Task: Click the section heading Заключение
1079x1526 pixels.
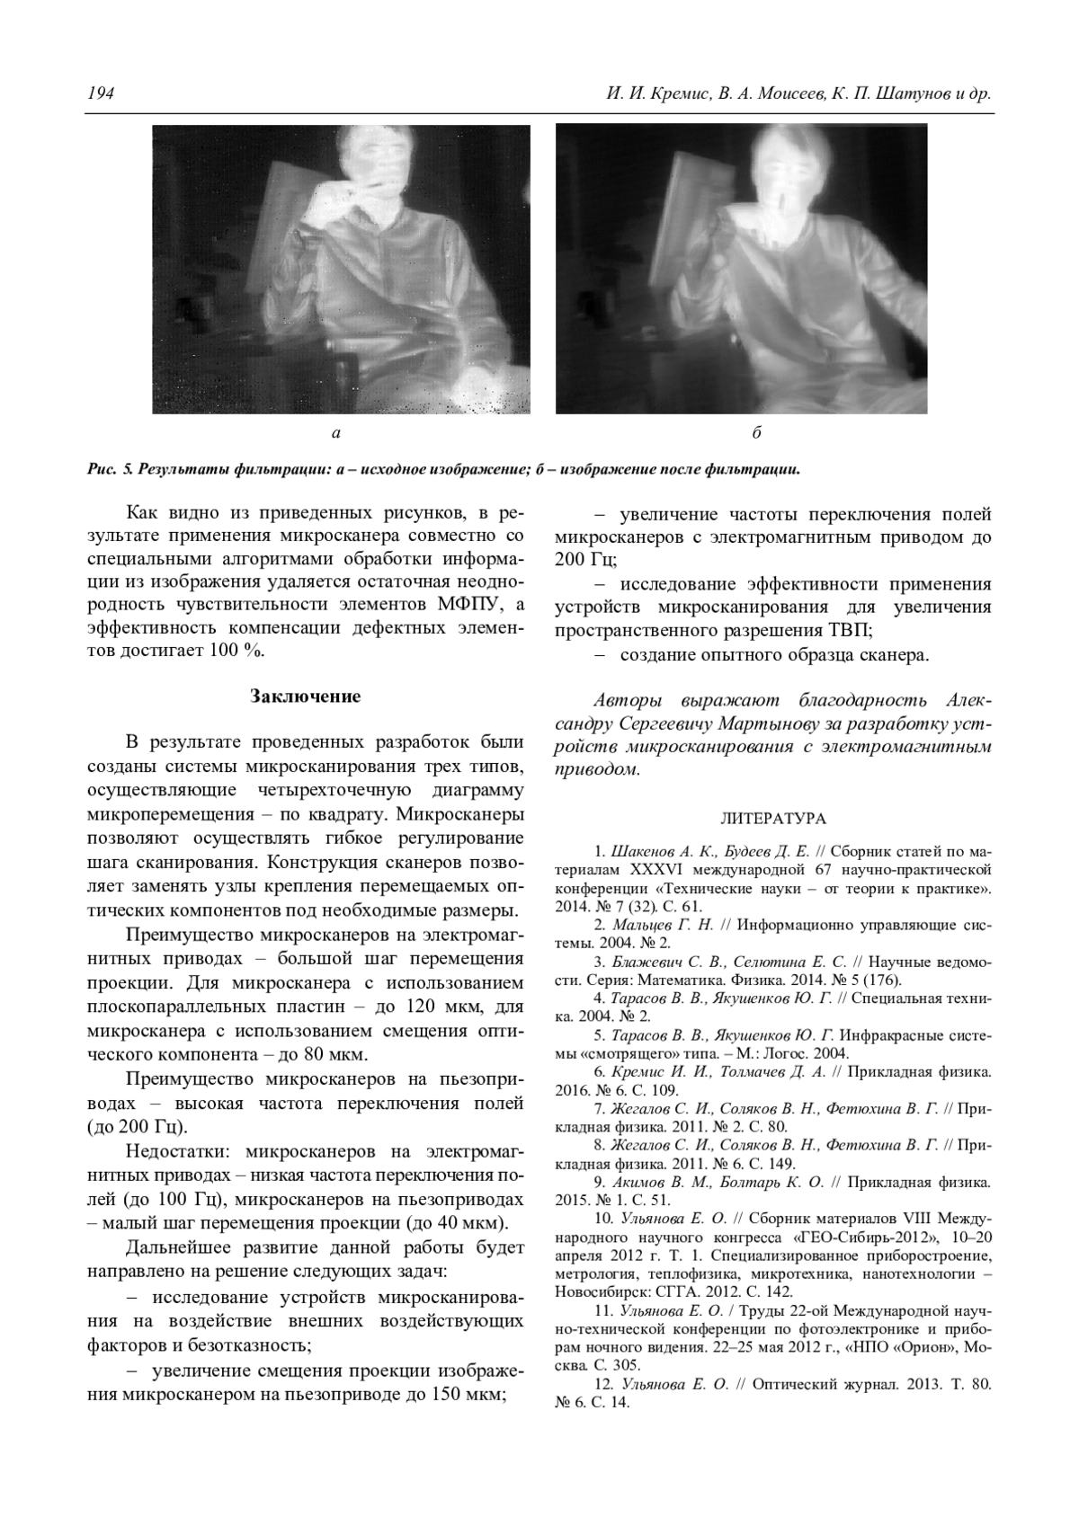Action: [x=305, y=696]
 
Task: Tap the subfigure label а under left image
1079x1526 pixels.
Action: [x=336, y=433]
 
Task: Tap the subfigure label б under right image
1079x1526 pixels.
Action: [x=757, y=433]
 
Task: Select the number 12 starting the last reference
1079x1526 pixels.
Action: [x=602, y=1384]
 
